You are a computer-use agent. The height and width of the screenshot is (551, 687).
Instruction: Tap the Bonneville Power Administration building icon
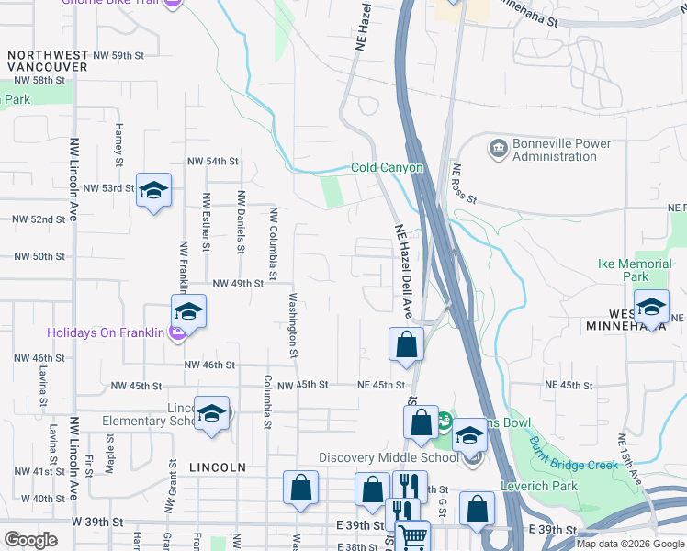(498, 148)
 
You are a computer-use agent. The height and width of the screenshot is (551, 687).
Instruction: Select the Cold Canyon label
(387, 168)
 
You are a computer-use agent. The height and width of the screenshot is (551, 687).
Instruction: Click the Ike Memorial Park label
(635, 270)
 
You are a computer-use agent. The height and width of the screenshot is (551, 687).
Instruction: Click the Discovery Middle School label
(389, 457)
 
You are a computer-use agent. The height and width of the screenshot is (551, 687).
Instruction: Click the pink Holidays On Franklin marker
(178, 332)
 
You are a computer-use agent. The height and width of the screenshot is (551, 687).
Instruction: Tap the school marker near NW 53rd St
(153, 190)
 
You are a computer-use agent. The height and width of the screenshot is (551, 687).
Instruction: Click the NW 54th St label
(212, 161)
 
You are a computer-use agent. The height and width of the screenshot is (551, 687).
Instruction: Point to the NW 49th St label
(238, 284)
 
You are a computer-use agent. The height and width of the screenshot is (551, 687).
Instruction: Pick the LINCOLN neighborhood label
(218, 467)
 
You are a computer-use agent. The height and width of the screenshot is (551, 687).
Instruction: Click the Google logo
(30, 540)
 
